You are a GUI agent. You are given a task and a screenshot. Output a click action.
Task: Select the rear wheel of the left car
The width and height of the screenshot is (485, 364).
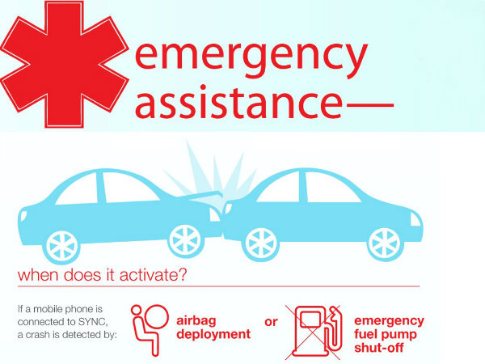pos(62,242)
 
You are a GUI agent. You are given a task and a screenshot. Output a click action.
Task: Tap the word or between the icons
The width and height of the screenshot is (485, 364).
pos(272,322)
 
